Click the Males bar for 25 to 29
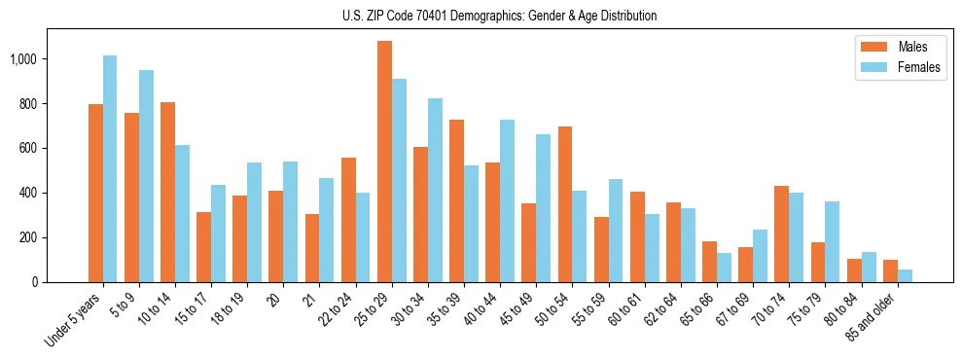pyautogui.click(x=384, y=162)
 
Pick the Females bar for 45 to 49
pyautogui.click(x=543, y=208)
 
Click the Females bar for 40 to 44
pyautogui.click(x=507, y=200)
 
